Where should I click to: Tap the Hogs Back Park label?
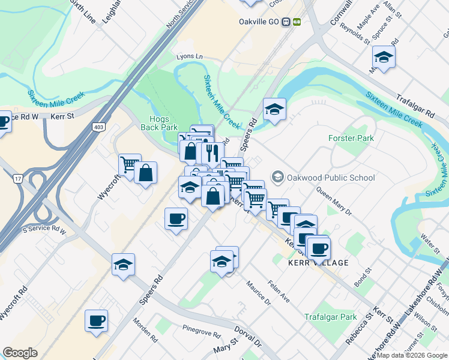pyautogui.click(x=159, y=122)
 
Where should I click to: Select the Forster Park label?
pyautogui.click(x=351, y=138)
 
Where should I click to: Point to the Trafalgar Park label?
pyautogui.click(x=330, y=317)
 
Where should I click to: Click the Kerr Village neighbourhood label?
pyautogui.click(x=318, y=263)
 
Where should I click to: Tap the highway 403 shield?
pyautogui.click(x=98, y=127)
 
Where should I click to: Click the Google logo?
pyautogui.click(x=20, y=353)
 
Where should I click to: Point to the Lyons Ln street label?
pyautogui.click(x=190, y=56)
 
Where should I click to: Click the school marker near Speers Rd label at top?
pyautogui.click(x=274, y=110)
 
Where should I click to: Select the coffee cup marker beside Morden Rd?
pyautogui.click(x=96, y=320)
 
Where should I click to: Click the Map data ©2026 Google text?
pyautogui.click(x=412, y=355)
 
